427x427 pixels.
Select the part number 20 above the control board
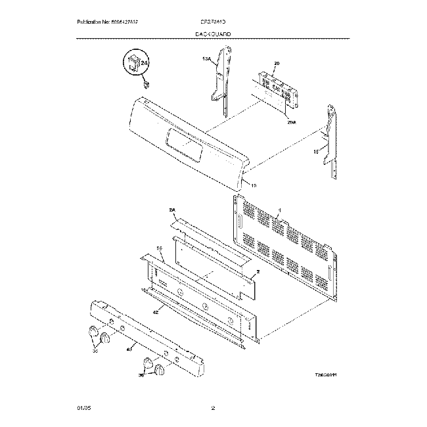tap(277, 63)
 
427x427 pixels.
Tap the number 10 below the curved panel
tap(254, 186)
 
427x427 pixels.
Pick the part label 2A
tap(173, 210)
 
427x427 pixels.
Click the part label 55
tap(159, 248)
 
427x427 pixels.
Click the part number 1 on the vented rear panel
tap(279, 211)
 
